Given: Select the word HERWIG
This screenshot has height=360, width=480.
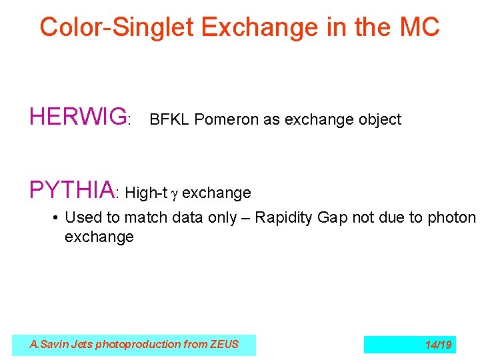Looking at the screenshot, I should click(78, 117).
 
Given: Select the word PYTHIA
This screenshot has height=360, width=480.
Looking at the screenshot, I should click(72, 190).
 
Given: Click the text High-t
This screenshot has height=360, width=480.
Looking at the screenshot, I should click(145, 193).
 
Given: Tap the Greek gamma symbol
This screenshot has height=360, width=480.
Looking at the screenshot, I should click(175, 194).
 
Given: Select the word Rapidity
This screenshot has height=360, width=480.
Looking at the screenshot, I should click(285, 217).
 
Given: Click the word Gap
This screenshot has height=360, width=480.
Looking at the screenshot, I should click(333, 217).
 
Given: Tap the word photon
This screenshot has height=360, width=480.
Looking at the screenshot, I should click(454, 217).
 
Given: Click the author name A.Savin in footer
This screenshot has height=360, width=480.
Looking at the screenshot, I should click(48, 345).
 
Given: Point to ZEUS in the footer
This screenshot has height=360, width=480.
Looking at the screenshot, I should click(222, 345).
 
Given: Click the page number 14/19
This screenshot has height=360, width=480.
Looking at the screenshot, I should click(438, 345).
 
